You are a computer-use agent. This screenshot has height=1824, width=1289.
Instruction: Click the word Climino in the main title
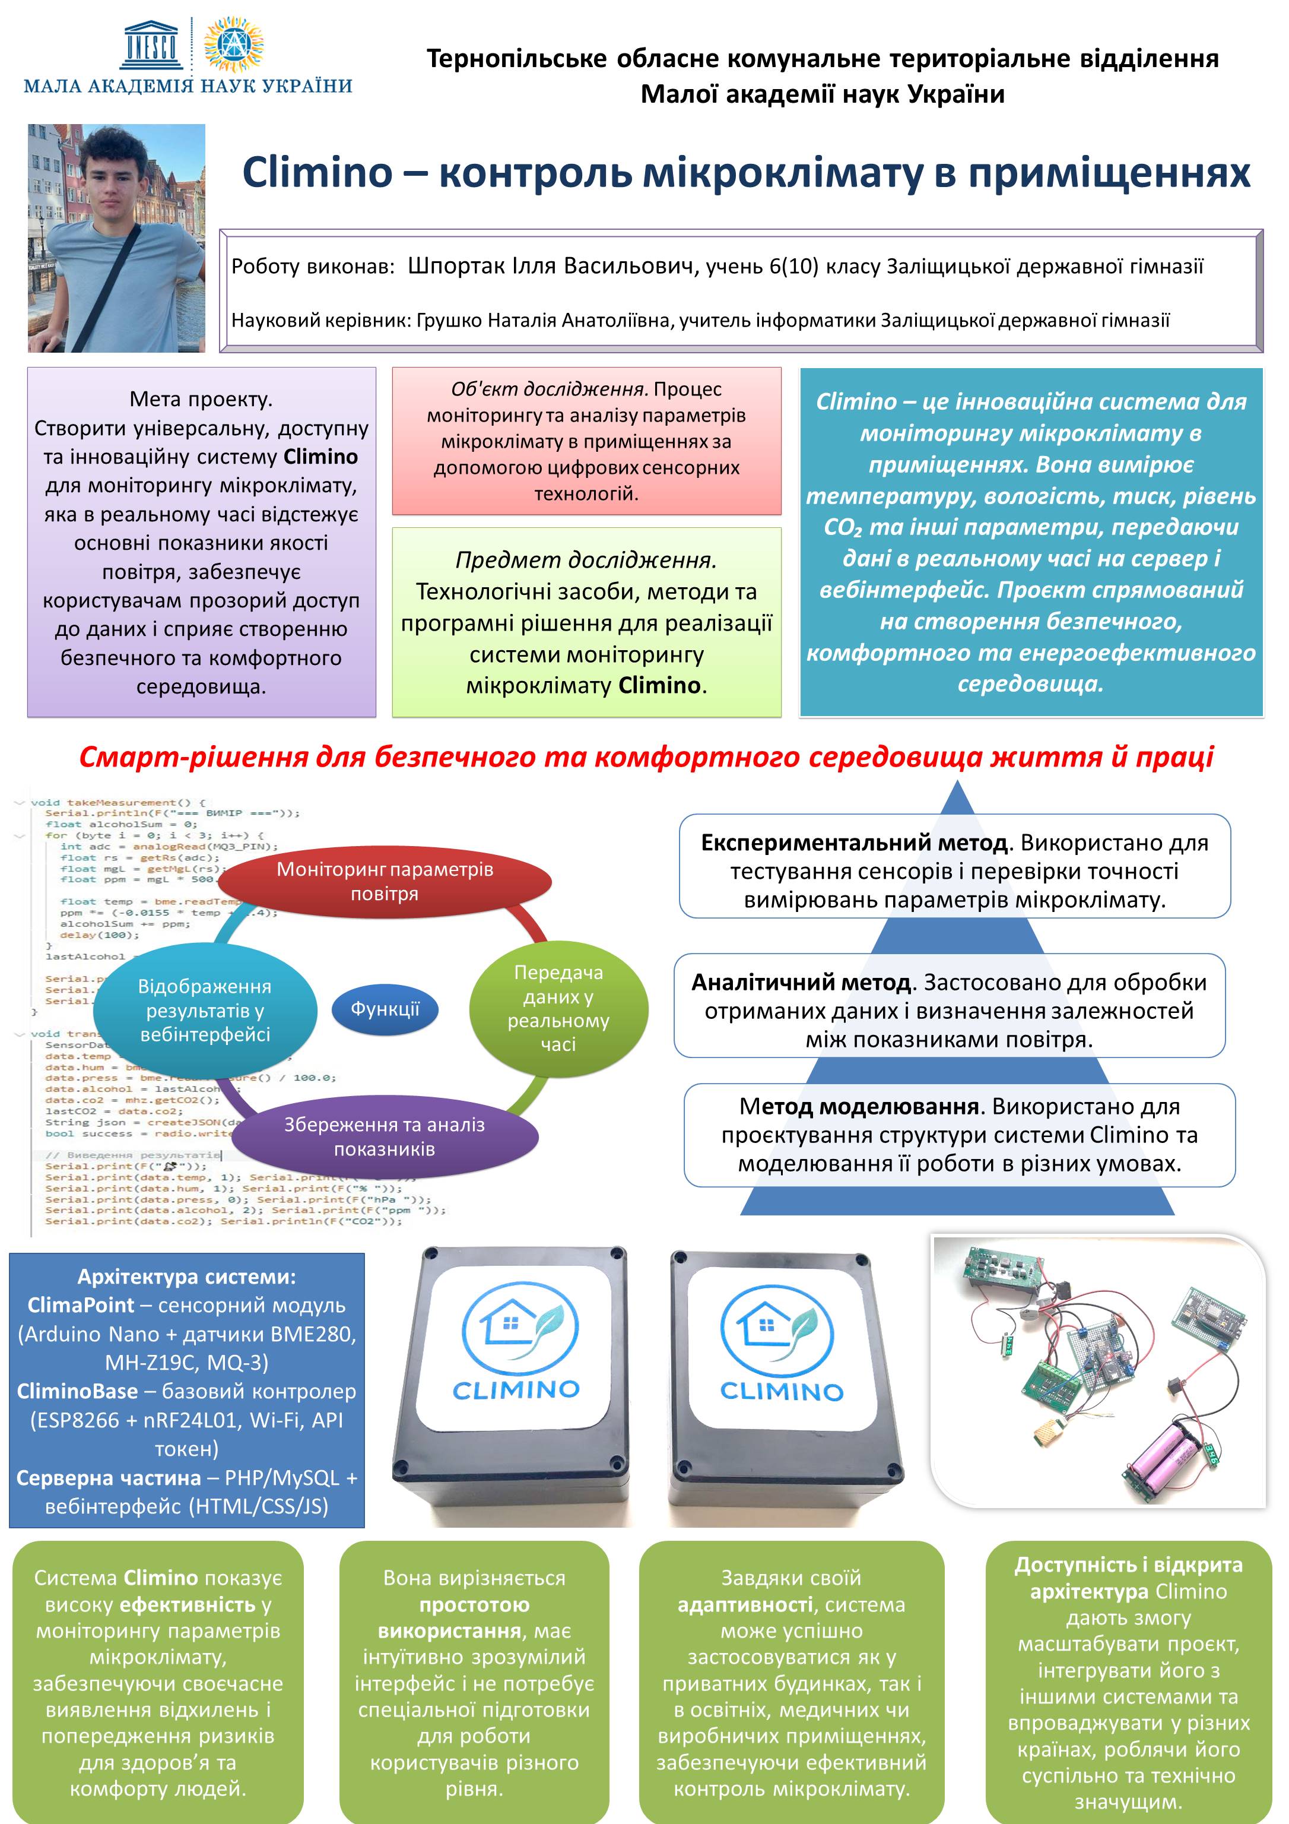tap(317, 172)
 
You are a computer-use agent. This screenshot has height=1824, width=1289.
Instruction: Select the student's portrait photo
tap(117, 237)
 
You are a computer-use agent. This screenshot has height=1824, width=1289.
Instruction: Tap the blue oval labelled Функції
tap(385, 1009)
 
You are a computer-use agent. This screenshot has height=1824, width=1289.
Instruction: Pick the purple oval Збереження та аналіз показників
tap(385, 1136)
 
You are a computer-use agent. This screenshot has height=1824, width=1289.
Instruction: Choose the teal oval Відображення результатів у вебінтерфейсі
tap(205, 1010)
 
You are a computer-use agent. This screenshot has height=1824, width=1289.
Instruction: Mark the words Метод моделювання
tap(858, 1106)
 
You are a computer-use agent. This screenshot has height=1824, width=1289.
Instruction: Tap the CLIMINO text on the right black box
tap(781, 1413)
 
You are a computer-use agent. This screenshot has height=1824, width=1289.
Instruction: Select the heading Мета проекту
tap(201, 399)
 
